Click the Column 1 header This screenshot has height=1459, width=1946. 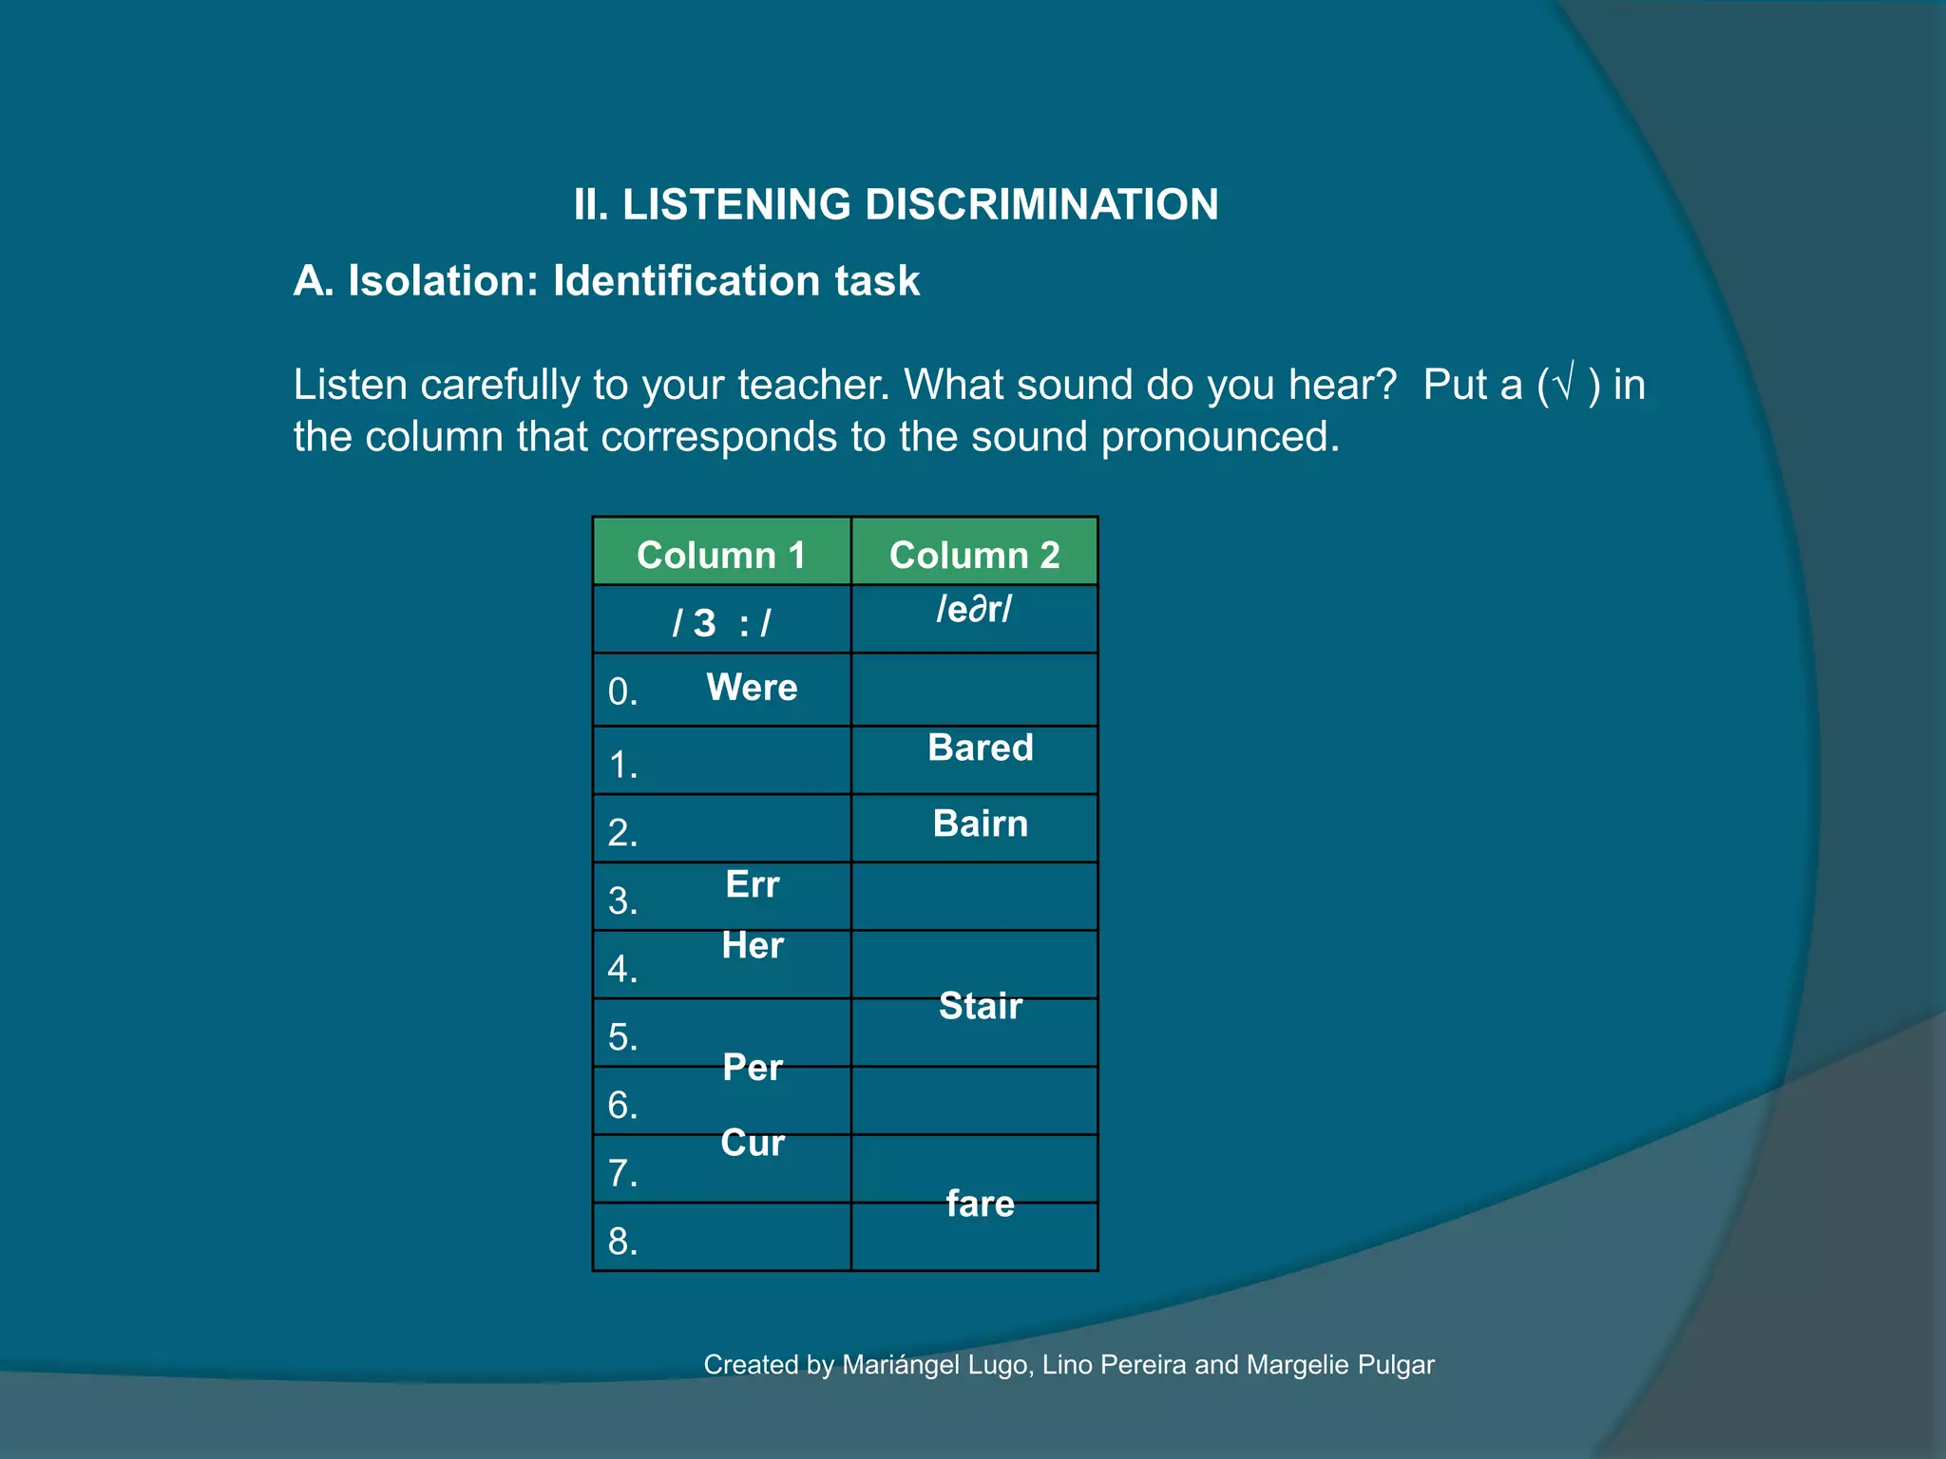coord(720,555)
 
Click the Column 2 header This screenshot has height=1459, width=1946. coord(974,555)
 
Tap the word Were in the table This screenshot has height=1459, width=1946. coord(752,687)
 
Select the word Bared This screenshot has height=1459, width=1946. coord(980,748)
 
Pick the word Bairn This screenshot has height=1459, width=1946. coord(980,823)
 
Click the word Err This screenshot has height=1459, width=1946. coord(752,884)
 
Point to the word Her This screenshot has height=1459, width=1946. coord(752,945)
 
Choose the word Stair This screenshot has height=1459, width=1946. coord(980,1005)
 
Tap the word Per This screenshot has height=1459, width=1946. coord(752,1067)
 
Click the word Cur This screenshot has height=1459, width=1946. coord(752,1142)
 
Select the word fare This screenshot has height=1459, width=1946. coord(980,1203)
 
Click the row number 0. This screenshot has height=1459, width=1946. coord(621,692)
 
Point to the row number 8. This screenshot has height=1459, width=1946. coord(621,1241)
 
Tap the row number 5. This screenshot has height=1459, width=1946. coord(621,1036)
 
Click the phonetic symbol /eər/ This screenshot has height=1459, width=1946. coord(974,609)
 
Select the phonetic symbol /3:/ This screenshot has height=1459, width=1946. coord(720,623)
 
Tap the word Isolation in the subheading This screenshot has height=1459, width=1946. coord(443,280)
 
